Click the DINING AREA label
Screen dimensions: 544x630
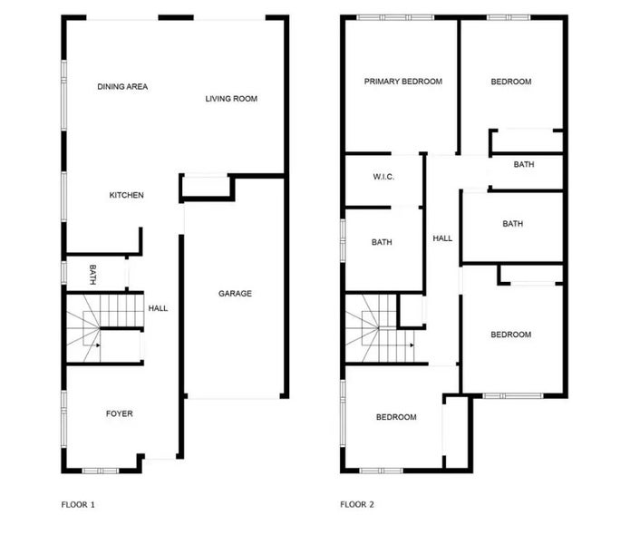(122, 87)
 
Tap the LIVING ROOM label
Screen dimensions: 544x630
(231, 99)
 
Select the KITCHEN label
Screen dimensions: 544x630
(127, 195)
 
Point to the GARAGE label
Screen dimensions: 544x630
(235, 293)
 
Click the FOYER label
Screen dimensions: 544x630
(119, 413)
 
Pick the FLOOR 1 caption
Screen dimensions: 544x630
(78, 503)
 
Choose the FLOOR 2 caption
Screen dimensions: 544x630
(357, 503)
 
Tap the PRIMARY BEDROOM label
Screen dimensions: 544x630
(402, 82)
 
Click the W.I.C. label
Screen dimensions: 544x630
(382, 177)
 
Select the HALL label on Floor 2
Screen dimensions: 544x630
(442, 238)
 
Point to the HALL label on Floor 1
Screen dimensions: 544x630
(158, 308)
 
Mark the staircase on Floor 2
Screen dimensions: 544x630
(380, 327)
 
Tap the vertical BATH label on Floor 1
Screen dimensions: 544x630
(92, 272)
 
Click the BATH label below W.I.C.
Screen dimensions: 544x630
(382, 242)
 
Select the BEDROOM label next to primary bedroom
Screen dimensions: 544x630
(510, 82)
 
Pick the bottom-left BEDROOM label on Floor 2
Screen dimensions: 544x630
(396, 417)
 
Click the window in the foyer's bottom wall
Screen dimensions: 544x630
(100, 470)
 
